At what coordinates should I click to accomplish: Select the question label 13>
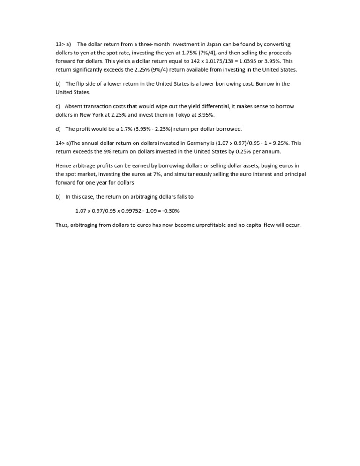(60, 45)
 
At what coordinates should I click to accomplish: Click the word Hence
(64, 165)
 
